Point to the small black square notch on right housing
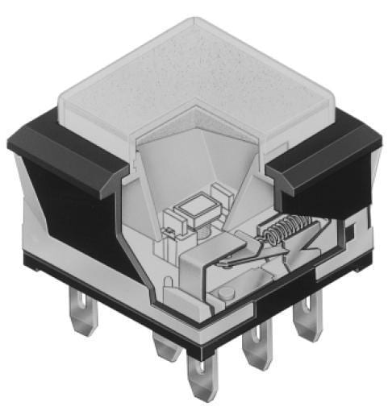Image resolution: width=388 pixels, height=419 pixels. tap(348, 232)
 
